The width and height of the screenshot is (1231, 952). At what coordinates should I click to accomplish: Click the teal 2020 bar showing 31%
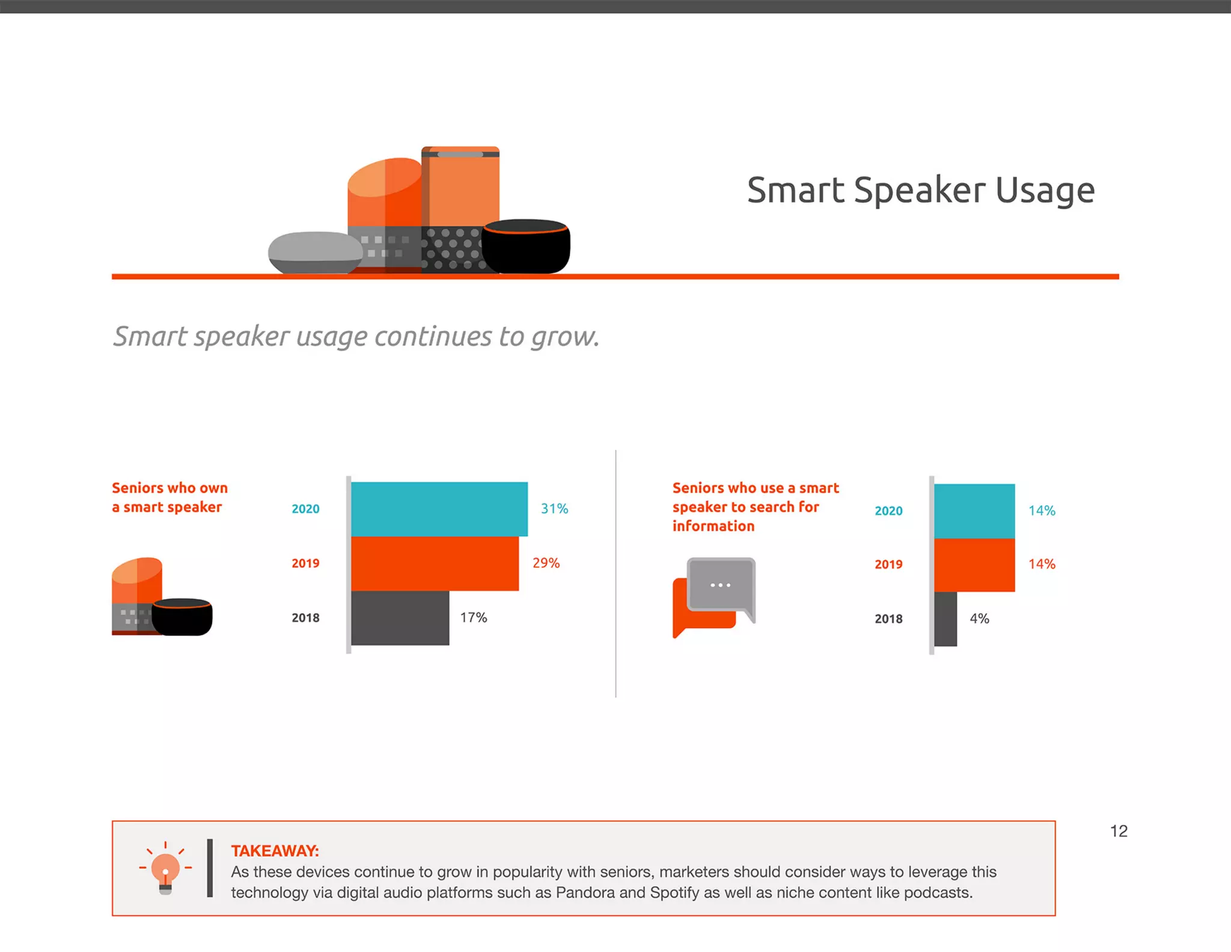(x=439, y=509)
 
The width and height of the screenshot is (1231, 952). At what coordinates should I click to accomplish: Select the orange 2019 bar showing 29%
(x=435, y=564)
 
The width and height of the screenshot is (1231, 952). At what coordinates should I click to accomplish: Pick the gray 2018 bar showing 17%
(x=400, y=618)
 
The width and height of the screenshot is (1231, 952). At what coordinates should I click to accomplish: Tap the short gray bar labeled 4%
(x=945, y=619)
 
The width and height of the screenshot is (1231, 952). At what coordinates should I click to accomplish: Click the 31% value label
(x=554, y=509)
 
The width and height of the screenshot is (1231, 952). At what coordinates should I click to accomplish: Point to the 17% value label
(x=474, y=618)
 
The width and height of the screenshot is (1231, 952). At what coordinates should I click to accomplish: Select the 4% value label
(x=979, y=619)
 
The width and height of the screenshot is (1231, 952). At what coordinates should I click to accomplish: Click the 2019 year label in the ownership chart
(x=305, y=564)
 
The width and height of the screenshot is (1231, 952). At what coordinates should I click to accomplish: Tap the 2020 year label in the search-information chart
(x=888, y=511)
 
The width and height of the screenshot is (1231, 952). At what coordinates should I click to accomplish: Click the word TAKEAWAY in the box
(x=275, y=851)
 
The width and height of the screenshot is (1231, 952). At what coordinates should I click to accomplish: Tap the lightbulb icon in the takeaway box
(x=165, y=869)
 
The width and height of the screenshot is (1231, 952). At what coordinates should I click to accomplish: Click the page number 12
(x=1119, y=831)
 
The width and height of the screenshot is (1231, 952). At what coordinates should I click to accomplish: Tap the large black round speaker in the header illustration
(x=526, y=247)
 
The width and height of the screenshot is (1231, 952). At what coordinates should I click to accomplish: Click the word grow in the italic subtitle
(x=564, y=337)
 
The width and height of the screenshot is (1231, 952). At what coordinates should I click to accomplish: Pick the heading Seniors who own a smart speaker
(x=170, y=497)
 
